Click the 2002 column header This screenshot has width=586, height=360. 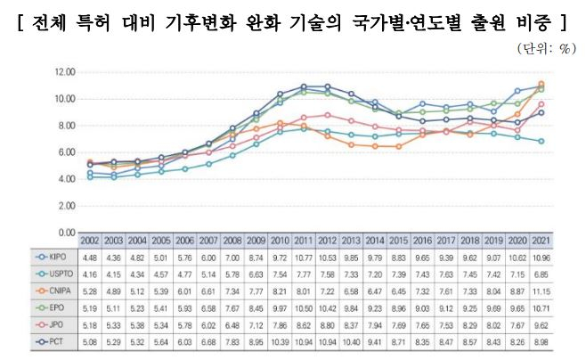coord(90,241)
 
